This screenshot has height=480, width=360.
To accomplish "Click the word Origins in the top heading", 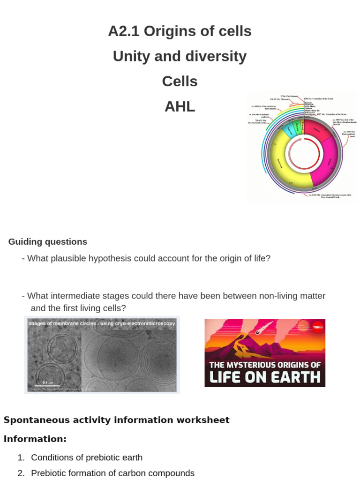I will (164, 31).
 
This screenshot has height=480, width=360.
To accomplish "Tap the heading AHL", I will (180, 106).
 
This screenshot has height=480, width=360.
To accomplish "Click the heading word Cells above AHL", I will (180, 81).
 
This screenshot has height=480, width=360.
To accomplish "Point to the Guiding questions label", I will (48, 242).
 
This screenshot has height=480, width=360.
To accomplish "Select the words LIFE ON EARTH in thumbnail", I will (265, 377).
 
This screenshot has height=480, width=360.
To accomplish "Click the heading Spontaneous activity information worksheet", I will (117, 420).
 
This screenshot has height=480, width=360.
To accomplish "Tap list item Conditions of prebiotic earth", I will (87, 457).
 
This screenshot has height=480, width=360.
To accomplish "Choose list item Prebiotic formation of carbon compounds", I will (112, 473).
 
